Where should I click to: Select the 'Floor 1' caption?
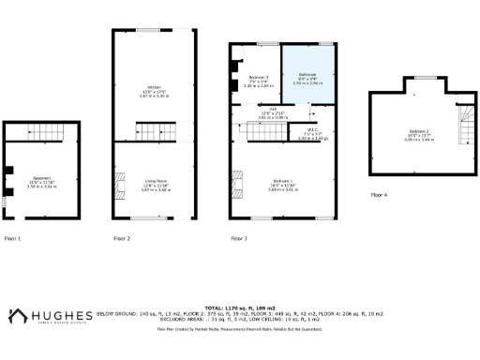click(x=12, y=239)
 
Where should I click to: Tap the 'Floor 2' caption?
click(x=122, y=239)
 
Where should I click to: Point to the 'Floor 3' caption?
click(x=239, y=239)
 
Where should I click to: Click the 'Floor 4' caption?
click(x=378, y=194)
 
